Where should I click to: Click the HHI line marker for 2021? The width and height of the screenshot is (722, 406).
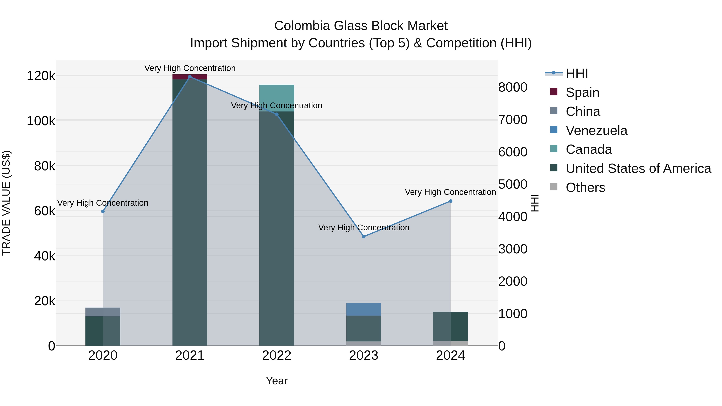pos(190,77)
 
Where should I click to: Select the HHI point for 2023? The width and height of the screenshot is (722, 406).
pos(364,237)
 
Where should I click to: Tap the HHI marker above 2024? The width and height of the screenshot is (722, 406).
pos(450,201)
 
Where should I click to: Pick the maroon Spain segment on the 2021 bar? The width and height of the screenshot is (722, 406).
pos(190,77)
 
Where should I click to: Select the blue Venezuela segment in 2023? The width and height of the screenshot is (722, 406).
pos(364,309)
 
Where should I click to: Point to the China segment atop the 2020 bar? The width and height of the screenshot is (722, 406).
pos(103,312)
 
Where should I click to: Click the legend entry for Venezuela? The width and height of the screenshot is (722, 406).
pos(596,131)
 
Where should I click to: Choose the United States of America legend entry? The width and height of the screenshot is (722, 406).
pos(638,168)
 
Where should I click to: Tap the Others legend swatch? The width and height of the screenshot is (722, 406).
pos(554,187)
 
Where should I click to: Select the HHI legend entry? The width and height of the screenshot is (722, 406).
pos(577,73)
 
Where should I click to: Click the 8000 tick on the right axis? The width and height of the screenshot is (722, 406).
pos(513,87)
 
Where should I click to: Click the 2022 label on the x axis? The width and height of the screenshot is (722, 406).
pos(277,355)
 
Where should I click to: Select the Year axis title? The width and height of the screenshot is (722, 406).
pos(277,381)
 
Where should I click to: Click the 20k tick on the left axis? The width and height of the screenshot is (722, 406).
pos(45,301)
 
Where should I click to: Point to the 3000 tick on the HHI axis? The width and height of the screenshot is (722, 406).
pos(513,249)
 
